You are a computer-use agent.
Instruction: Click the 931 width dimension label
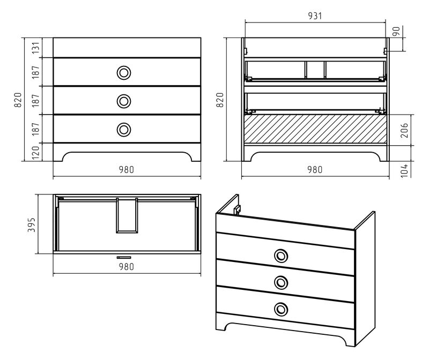click(x=315, y=16)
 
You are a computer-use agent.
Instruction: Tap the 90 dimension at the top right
click(x=396, y=32)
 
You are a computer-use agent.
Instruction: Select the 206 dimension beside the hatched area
click(x=404, y=130)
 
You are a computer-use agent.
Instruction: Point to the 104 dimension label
click(x=404, y=170)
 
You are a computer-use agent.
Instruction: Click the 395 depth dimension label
click(x=32, y=224)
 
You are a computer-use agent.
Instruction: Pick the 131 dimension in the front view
click(x=36, y=48)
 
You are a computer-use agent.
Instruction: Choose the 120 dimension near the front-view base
click(x=36, y=153)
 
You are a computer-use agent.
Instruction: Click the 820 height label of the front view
click(x=18, y=100)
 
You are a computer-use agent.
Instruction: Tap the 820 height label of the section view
click(x=220, y=100)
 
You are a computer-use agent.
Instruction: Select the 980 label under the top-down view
click(x=127, y=266)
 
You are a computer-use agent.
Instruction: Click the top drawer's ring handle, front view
click(x=124, y=73)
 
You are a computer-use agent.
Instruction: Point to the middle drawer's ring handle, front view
click(x=124, y=101)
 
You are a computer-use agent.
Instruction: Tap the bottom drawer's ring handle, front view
click(x=124, y=129)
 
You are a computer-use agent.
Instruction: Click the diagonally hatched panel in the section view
click(x=315, y=129)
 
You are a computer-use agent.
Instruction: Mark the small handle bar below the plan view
click(x=124, y=257)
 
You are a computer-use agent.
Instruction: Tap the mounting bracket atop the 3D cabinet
click(x=237, y=209)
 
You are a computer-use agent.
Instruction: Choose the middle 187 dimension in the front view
click(x=36, y=100)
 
